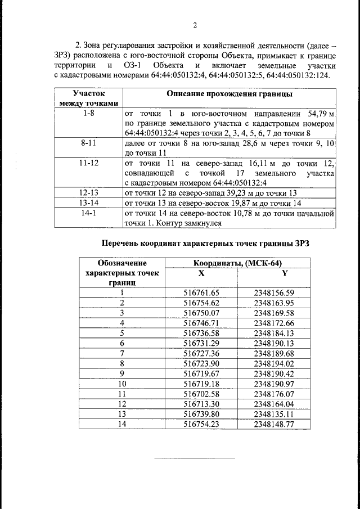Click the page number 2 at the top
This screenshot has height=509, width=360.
point(195,25)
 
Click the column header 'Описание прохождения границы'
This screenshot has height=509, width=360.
point(229,93)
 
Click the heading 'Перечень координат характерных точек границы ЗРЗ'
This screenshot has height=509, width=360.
point(205,244)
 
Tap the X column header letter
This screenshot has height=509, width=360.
point(201,273)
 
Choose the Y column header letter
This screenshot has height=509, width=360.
point(284,273)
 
